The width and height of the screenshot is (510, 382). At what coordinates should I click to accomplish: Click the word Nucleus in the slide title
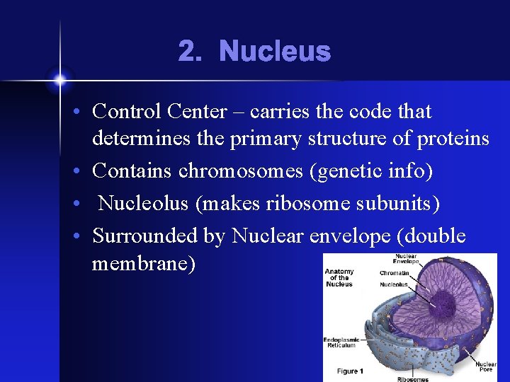point(275,52)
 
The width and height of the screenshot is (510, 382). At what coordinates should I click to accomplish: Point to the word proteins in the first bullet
point(453,139)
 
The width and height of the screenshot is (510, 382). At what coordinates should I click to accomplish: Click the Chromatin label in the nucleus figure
point(394,273)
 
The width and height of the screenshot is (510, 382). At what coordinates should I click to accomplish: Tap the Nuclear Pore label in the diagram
point(485,367)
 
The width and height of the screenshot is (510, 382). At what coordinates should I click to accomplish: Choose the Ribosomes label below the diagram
point(412,378)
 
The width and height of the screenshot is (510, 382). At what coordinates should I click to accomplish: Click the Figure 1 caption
point(350,371)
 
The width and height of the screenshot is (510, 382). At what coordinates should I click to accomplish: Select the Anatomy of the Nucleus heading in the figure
point(339,277)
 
